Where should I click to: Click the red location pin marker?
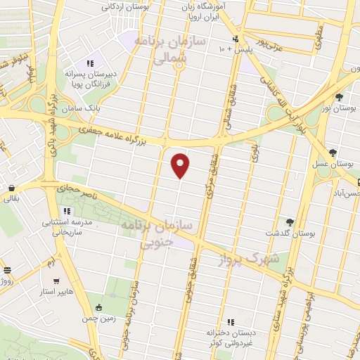(x=181, y=165)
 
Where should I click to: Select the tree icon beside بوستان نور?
(x=339, y=96)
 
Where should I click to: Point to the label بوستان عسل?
(x=333, y=163)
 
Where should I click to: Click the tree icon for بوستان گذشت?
(x=289, y=222)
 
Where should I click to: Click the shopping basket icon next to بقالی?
(x=12, y=188)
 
